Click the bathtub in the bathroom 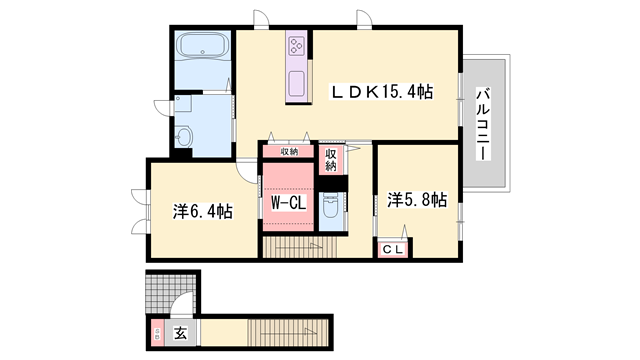(200, 48)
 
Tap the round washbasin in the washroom (184, 134)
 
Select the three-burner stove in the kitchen (298, 46)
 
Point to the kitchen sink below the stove (297, 84)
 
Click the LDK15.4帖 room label (382, 91)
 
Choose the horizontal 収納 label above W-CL (289, 152)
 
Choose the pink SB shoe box (156, 330)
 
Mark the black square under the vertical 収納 (332, 184)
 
